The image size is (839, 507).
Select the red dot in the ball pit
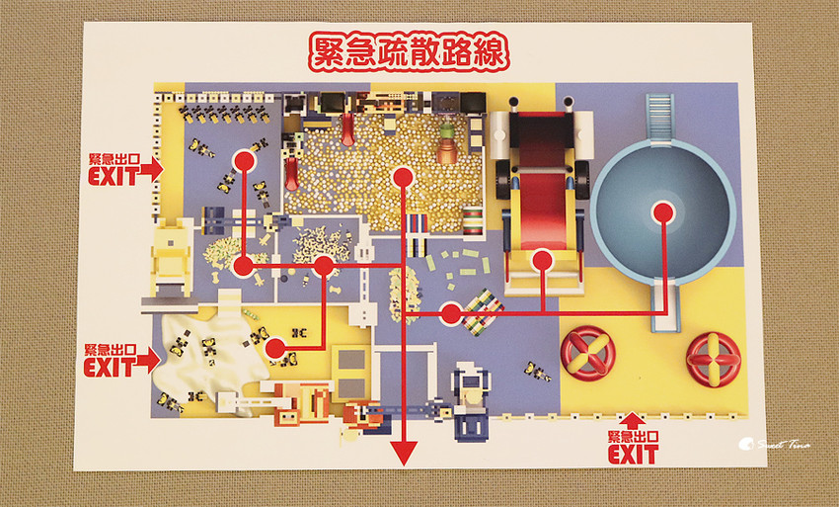(401, 177)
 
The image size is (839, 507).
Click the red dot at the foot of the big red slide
(540, 261)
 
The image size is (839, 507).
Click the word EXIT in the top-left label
(112, 178)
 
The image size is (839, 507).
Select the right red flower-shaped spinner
(713, 358)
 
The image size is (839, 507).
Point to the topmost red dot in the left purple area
(243, 158)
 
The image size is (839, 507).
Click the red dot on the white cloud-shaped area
(275, 348)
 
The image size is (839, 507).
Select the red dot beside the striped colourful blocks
(450, 314)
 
